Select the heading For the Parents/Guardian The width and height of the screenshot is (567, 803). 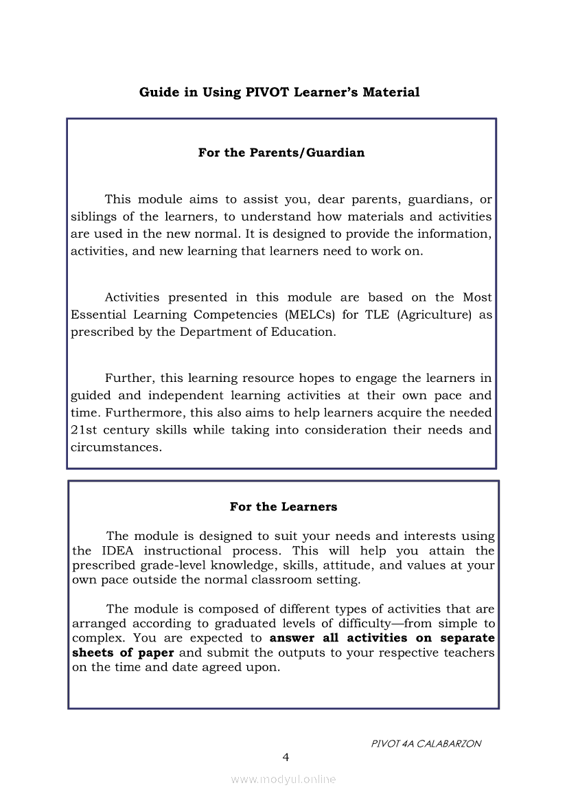click(x=281, y=152)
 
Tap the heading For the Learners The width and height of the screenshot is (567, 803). click(x=283, y=507)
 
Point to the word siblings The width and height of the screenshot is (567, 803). click(x=93, y=217)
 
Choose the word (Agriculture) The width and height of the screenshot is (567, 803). click(x=435, y=315)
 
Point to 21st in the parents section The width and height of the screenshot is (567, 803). click(x=83, y=430)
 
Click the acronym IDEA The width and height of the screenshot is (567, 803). click(x=118, y=551)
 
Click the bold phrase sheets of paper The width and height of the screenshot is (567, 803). click(x=123, y=653)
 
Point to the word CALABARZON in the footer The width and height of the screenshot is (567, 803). click(x=449, y=744)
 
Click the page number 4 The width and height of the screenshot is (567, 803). click(x=286, y=758)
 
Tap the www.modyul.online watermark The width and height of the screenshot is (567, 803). click(x=283, y=780)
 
